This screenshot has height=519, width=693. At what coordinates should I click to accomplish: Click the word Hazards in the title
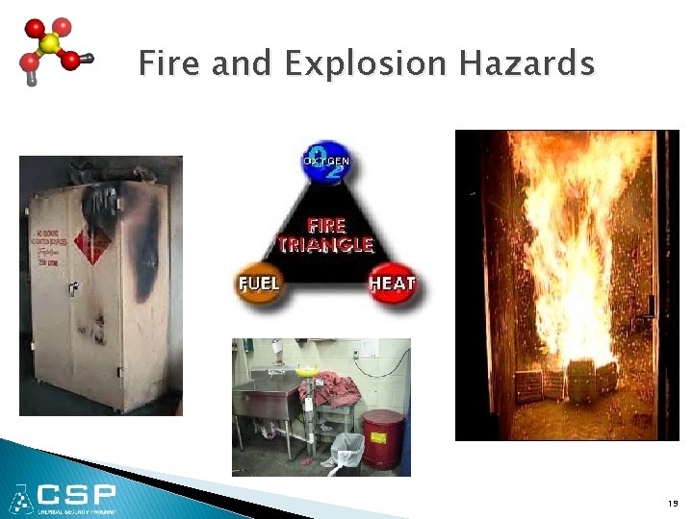(x=526, y=64)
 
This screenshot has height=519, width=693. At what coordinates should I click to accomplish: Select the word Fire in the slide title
(x=170, y=64)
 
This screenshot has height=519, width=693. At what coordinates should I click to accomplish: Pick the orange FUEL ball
(x=260, y=284)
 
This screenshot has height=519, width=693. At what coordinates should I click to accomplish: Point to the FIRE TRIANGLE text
(x=325, y=235)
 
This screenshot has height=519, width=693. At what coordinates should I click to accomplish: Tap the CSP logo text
(x=78, y=495)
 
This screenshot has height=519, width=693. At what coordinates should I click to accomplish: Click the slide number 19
(x=671, y=504)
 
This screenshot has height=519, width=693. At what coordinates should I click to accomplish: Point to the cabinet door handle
(x=71, y=286)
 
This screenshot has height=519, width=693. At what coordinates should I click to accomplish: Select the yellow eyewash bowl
(x=307, y=369)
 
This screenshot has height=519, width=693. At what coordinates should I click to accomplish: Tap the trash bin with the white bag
(x=347, y=452)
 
